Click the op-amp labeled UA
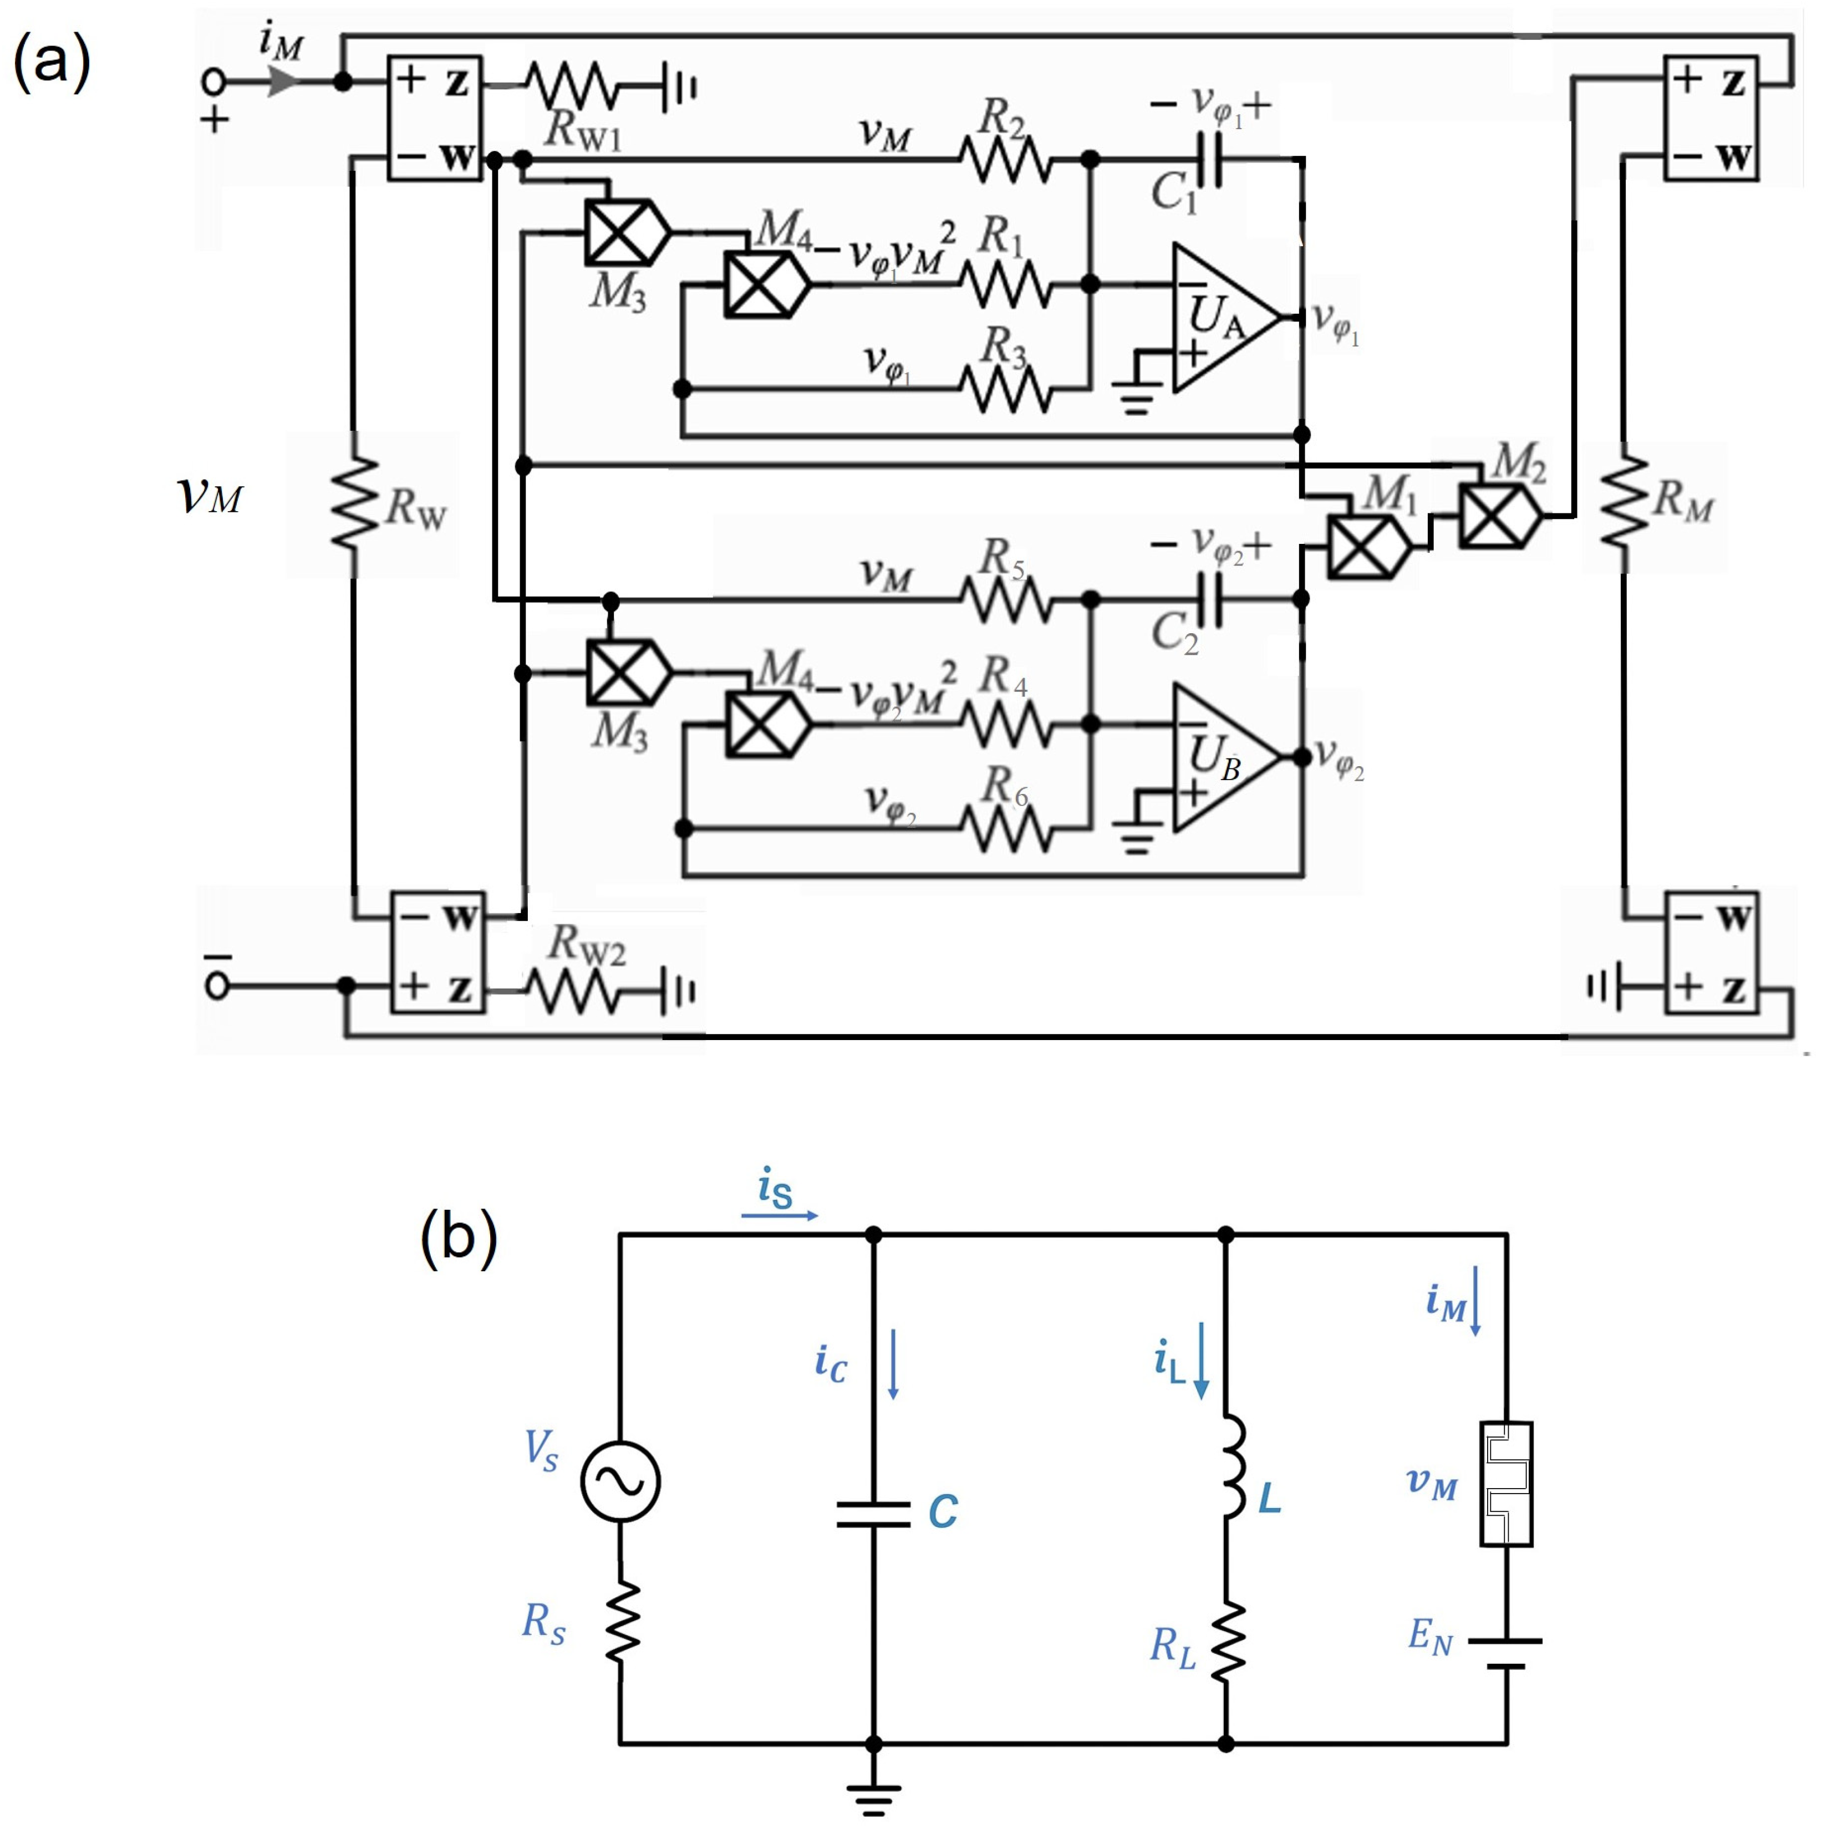click(x=1223, y=318)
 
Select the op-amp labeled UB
click(x=1223, y=757)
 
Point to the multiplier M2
click(x=1498, y=516)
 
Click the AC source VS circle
click(x=620, y=1483)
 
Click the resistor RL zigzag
click(x=1227, y=1641)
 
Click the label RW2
click(x=587, y=945)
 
